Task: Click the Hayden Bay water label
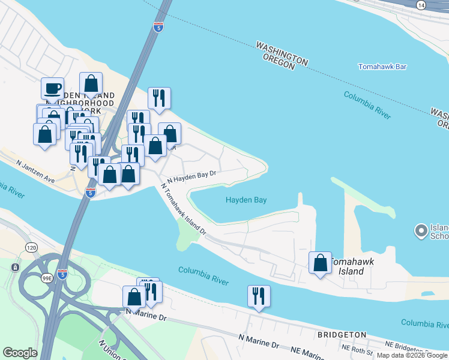point(246,200)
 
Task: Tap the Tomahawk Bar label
point(383,67)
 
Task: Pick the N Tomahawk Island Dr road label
point(183,209)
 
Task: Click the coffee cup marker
point(52,89)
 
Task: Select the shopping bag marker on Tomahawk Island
point(320,263)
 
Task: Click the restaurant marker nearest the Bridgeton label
point(259,296)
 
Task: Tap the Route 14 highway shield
point(421,5)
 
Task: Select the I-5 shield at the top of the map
point(158,27)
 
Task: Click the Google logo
point(20,353)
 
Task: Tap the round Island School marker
point(421,230)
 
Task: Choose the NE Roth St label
point(354,347)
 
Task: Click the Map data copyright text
point(411,355)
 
